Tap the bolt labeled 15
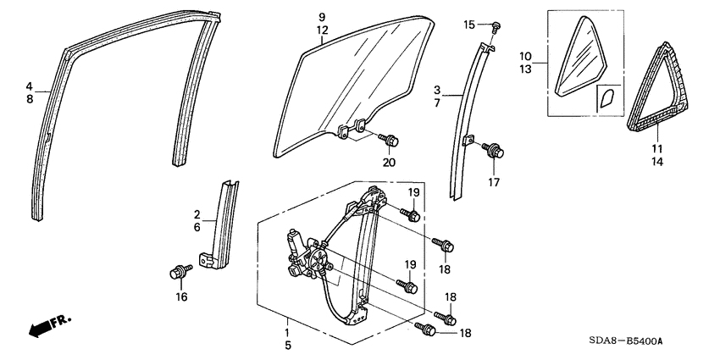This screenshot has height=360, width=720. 496,27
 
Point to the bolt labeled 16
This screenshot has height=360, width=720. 179,272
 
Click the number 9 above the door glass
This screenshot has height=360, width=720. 322,17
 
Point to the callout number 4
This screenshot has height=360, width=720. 29,86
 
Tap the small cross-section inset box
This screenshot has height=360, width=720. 607,99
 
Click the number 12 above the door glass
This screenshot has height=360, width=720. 322,30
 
